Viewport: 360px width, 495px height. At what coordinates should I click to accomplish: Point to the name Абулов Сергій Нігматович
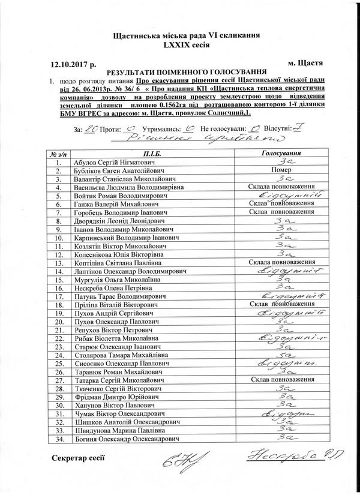[x=124, y=162]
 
